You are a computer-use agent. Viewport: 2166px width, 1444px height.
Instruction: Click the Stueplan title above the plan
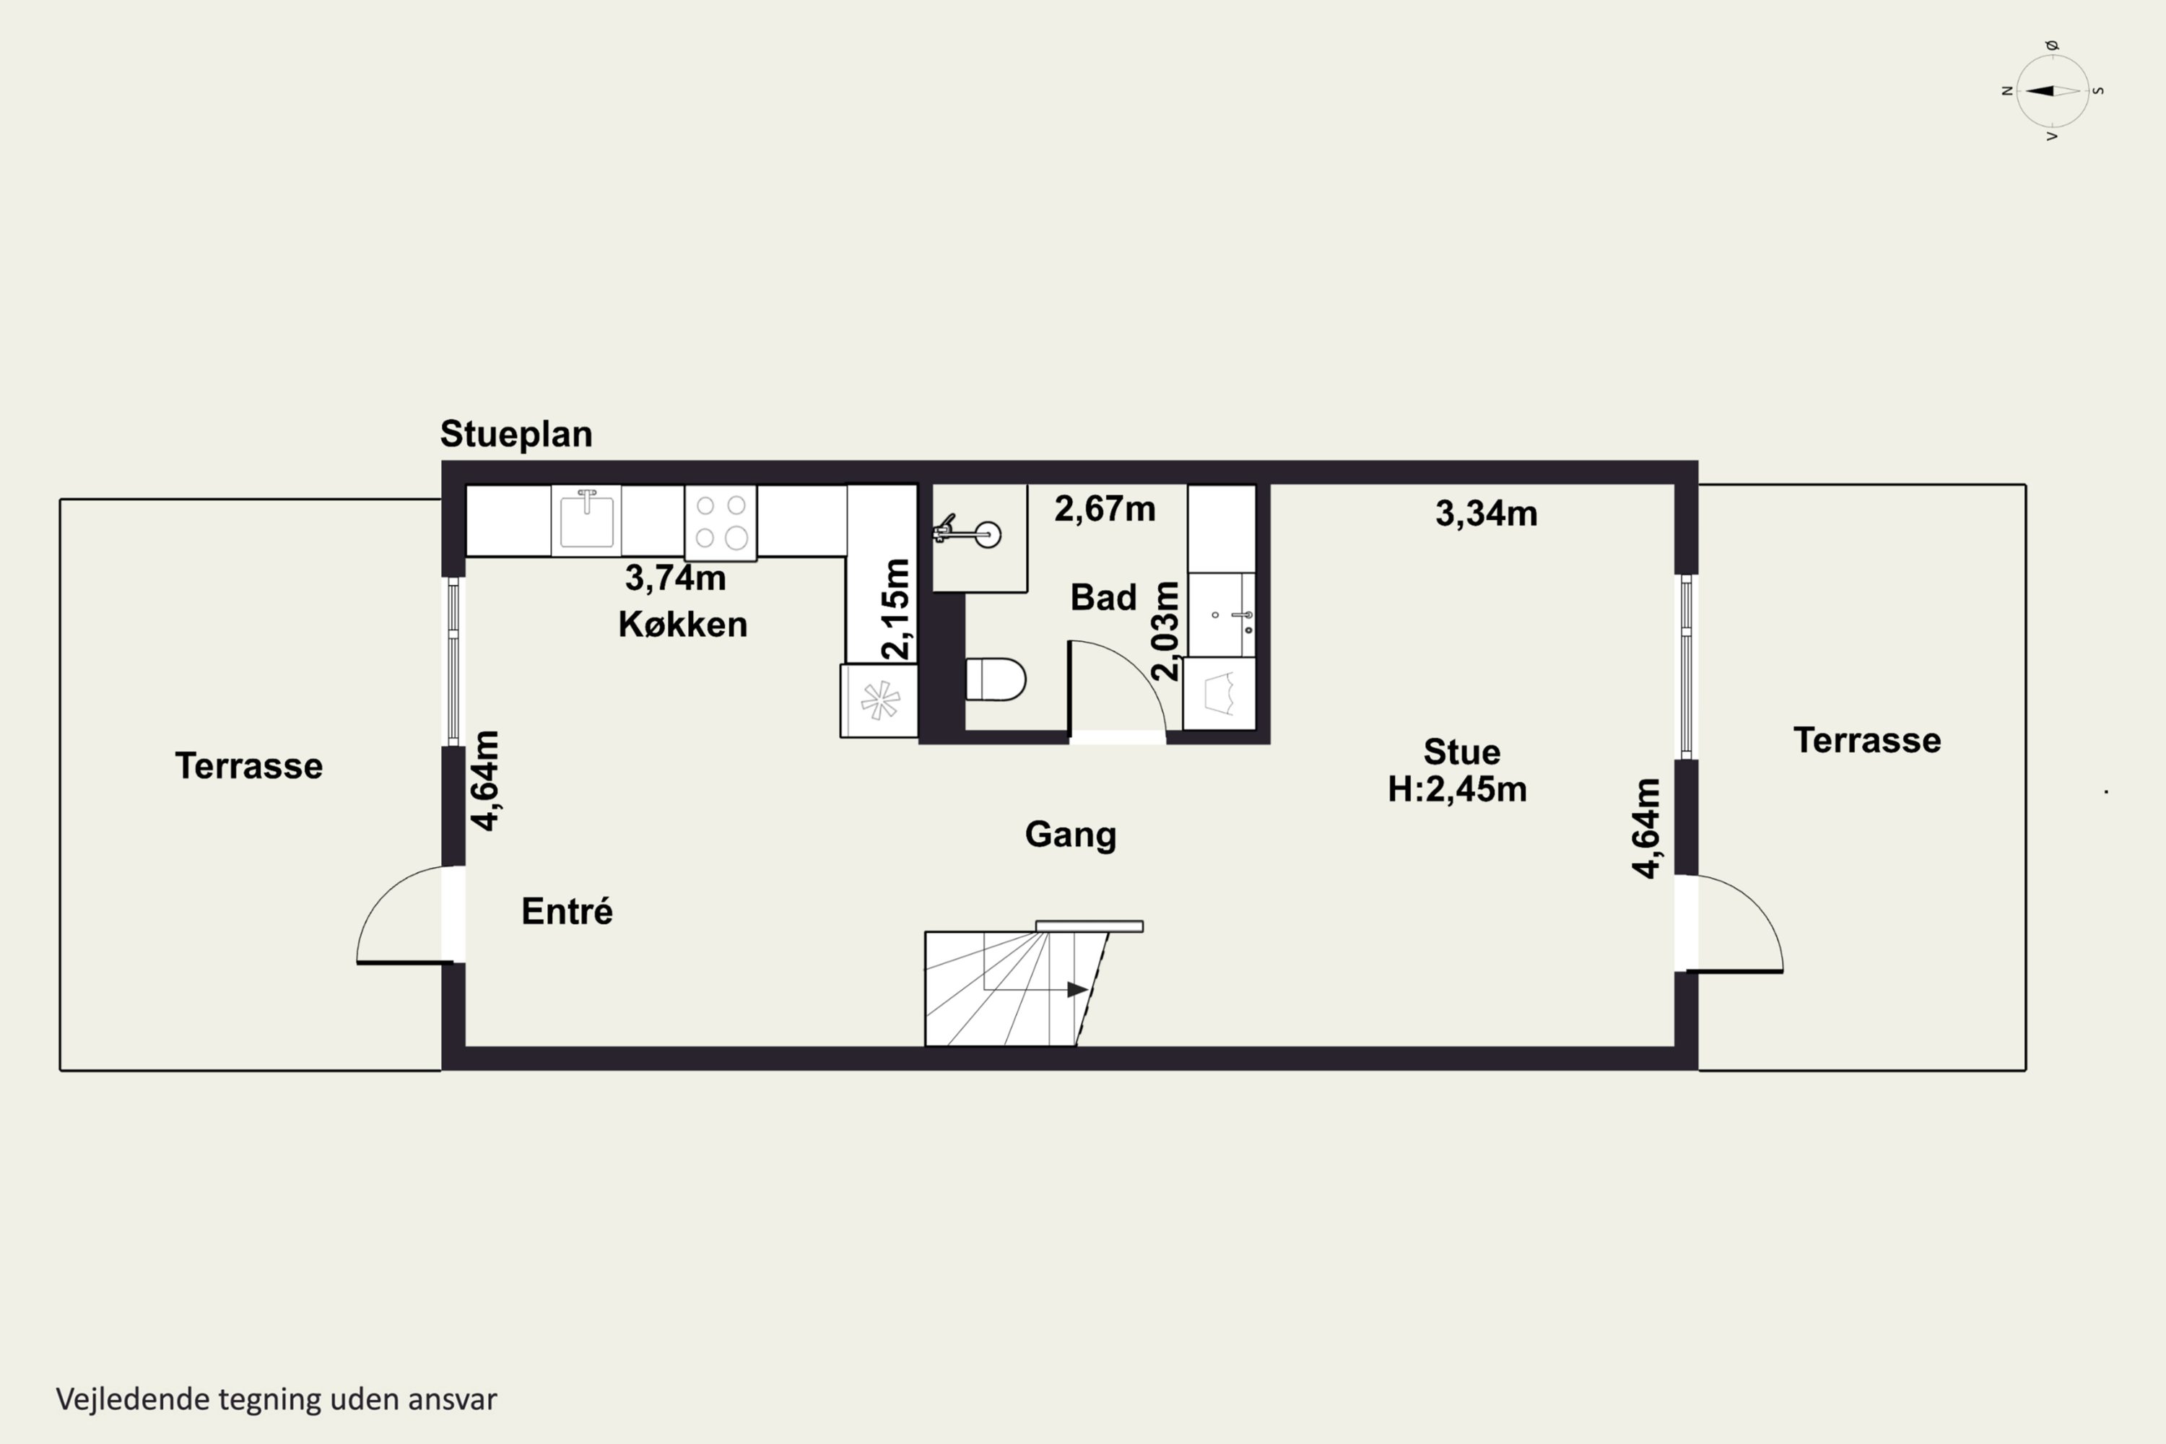(x=516, y=434)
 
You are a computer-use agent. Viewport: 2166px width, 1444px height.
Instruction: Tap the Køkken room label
(x=682, y=625)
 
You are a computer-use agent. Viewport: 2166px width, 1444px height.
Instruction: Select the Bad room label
(x=1103, y=598)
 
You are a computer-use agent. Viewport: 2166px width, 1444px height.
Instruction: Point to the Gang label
(x=1070, y=835)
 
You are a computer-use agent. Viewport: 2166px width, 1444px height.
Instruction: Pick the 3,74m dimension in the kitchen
(x=675, y=578)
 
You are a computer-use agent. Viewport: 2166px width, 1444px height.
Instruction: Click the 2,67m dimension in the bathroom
(x=1104, y=508)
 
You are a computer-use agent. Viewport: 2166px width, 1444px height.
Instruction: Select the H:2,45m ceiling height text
(x=1457, y=789)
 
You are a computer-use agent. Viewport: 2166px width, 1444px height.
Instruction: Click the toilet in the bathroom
(x=996, y=679)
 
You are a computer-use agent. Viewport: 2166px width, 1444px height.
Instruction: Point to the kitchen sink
(x=586, y=521)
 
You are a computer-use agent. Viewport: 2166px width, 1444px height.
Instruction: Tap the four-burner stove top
(x=720, y=522)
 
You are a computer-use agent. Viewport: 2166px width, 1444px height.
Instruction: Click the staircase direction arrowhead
(x=1077, y=989)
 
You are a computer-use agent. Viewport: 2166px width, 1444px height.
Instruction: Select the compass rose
(x=2052, y=90)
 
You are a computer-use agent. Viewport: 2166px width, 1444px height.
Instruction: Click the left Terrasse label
(x=248, y=766)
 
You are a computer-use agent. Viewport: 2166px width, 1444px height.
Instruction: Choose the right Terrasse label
(x=1866, y=741)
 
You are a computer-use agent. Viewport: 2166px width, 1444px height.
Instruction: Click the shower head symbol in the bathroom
(x=967, y=532)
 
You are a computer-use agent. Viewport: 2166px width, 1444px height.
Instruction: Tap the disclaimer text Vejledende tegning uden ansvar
(x=277, y=1399)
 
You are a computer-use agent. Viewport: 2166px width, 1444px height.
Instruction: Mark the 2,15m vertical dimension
(x=895, y=609)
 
